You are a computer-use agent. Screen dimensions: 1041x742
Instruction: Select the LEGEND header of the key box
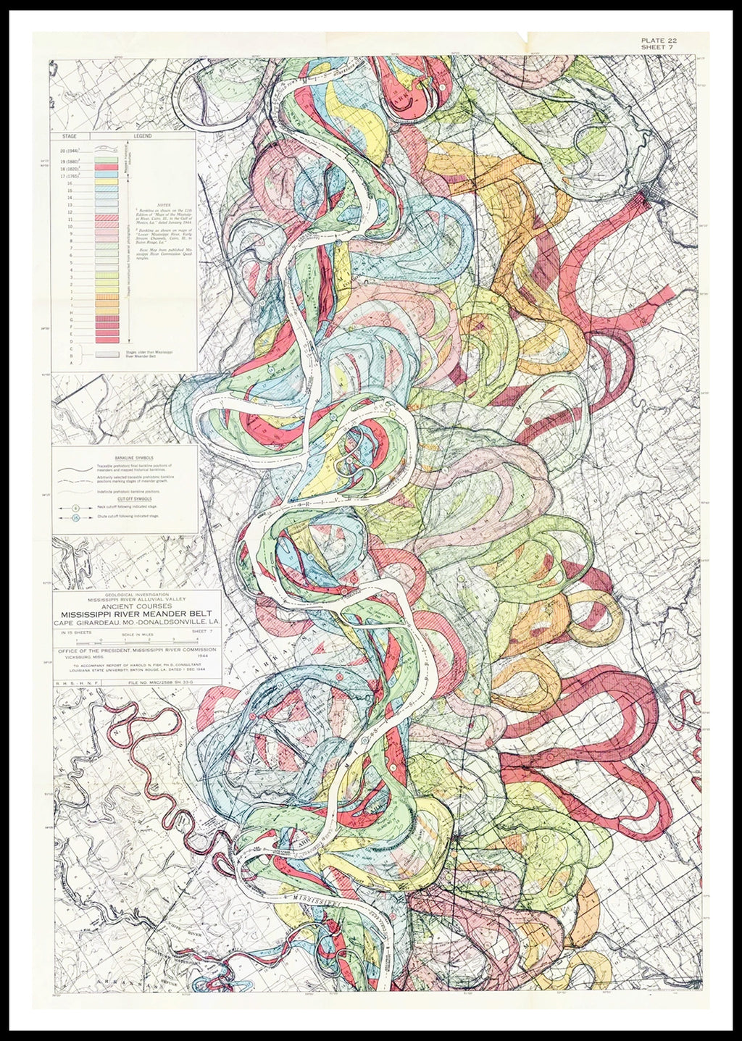click(x=142, y=136)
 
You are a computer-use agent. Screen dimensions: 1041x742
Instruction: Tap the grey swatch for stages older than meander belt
click(x=108, y=355)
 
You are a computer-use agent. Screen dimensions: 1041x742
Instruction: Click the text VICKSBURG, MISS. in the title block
click(x=81, y=657)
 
